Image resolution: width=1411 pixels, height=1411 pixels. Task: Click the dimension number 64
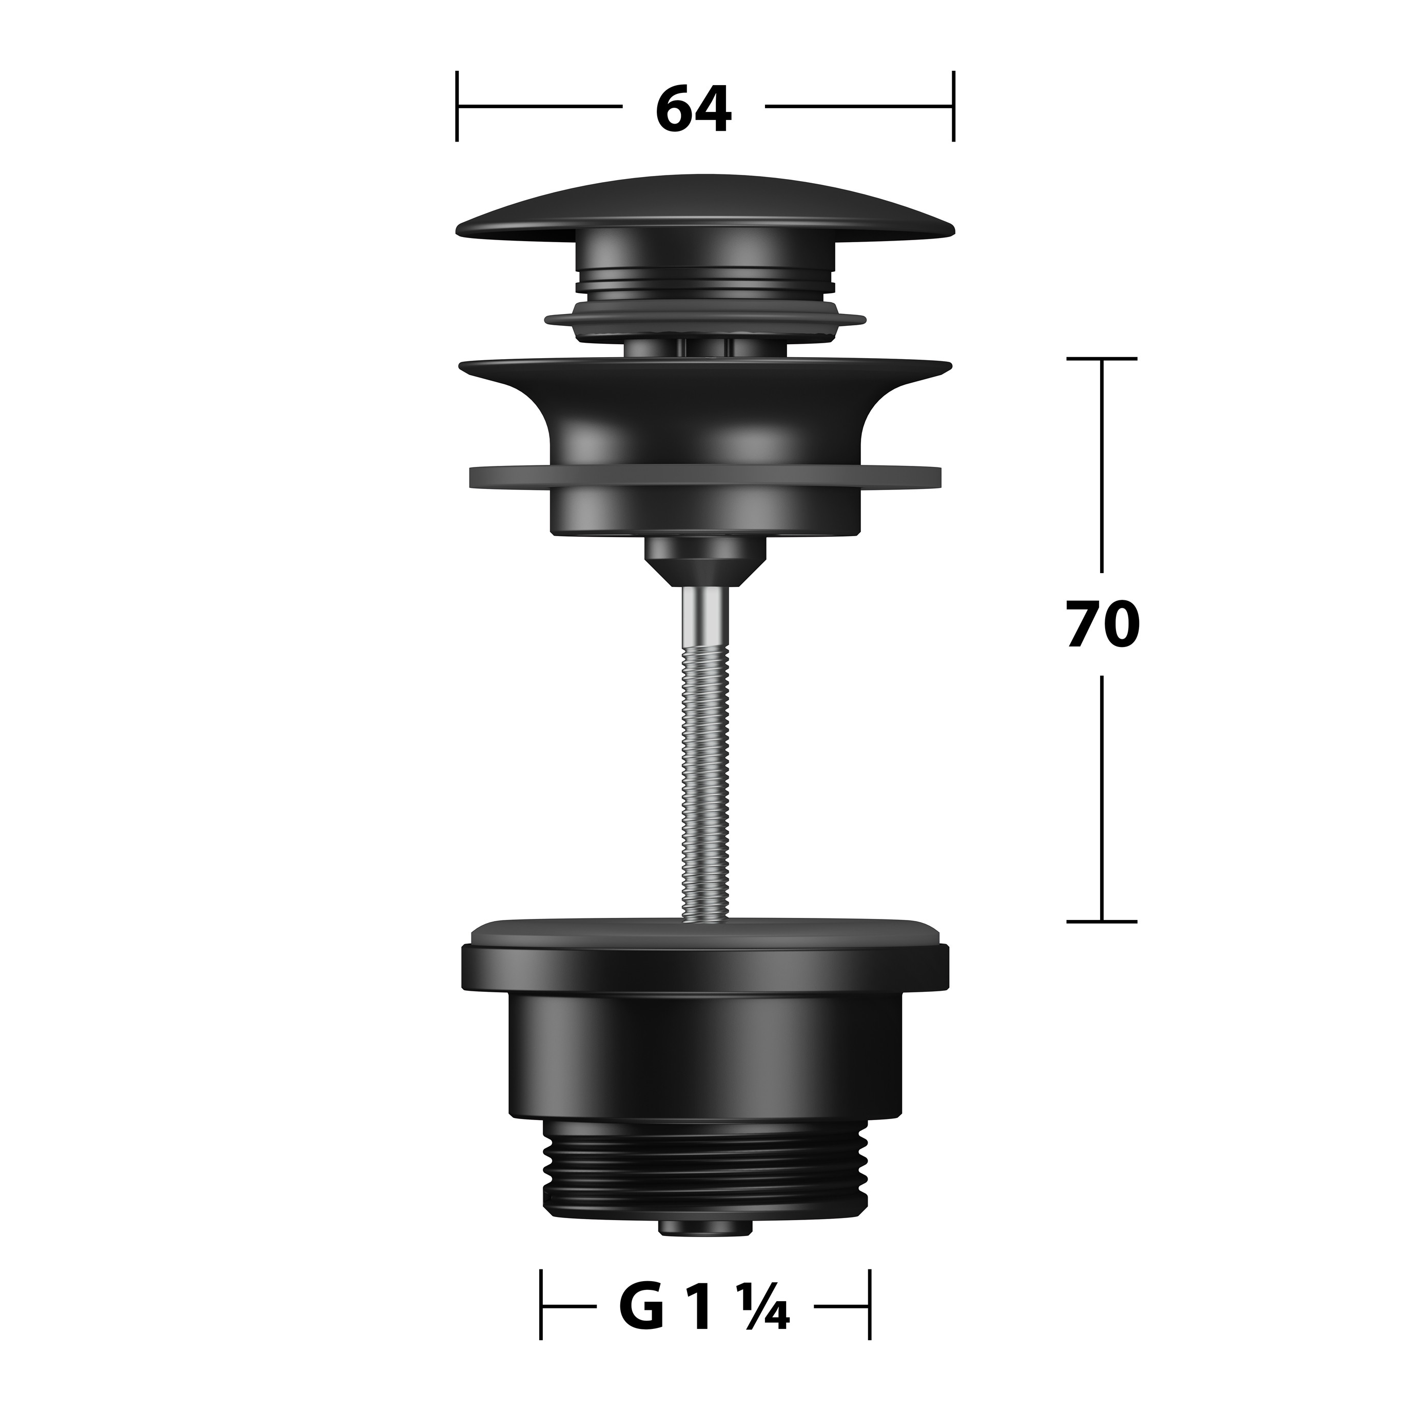(693, 109)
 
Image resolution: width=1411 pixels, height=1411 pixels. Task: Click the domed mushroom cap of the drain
(705, 206)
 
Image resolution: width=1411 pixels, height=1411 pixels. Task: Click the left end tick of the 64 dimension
(457, 106)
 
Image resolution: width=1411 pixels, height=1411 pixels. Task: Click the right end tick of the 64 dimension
(953, 106)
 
